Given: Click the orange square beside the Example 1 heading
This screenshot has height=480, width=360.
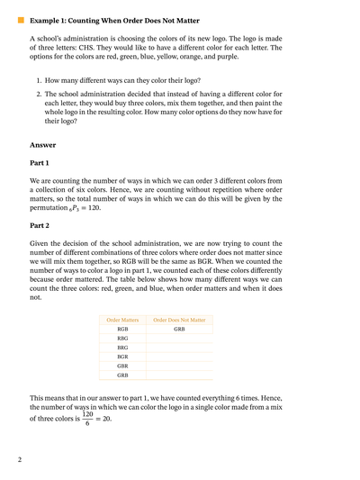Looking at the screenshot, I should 21,18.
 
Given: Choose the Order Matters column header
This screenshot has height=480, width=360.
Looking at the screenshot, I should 123,320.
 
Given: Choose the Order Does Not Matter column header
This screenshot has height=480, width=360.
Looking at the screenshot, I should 179,320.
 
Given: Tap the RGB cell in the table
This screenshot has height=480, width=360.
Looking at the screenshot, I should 123,331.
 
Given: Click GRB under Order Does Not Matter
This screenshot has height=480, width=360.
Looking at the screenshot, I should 179,331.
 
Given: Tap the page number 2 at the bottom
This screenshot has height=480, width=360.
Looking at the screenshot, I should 19,460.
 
